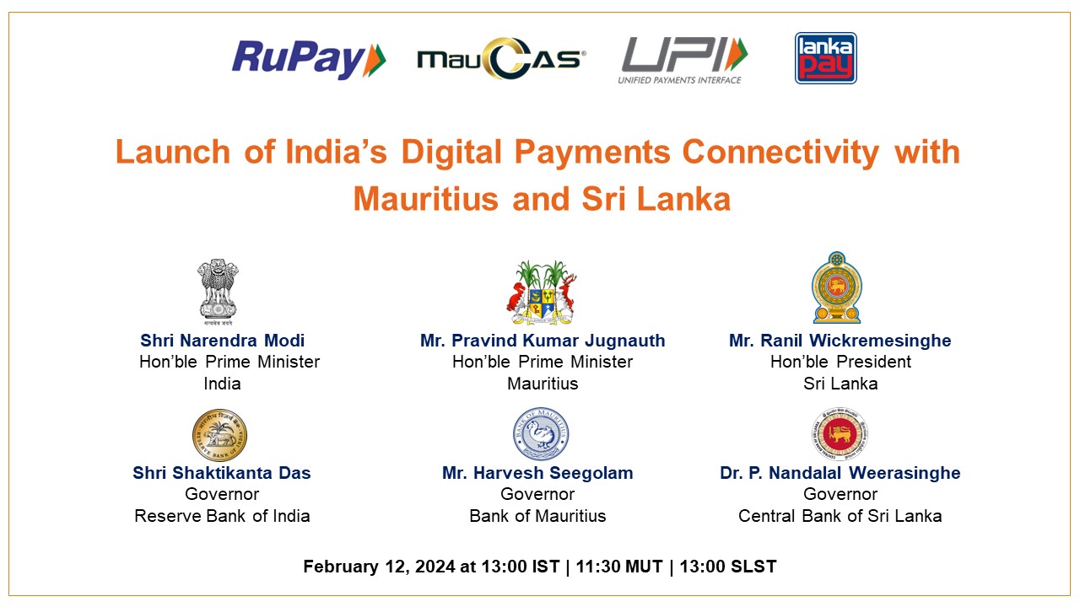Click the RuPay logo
click(309, 60)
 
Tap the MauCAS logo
click(501, 58)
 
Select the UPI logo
click(683, 61)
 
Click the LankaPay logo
click(825, 58)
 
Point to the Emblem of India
click(218, 292)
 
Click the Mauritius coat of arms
click(542, 292)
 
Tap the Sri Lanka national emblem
click(837, 287)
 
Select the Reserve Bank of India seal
click(220, 435)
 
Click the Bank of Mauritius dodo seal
click(541, 434)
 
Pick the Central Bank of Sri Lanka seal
click(840, 434)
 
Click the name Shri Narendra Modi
click(222, 341)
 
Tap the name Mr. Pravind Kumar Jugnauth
click(543, 341)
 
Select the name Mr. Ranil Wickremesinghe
click(840, 341)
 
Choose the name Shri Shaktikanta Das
click(222, 473)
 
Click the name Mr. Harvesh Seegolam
click(537, 474)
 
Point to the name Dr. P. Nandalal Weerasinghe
click(840, 474)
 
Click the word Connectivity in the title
click(780, 153)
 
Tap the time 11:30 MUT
click(619, 567)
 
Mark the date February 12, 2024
click(379, 567)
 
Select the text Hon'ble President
click(840, 362)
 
